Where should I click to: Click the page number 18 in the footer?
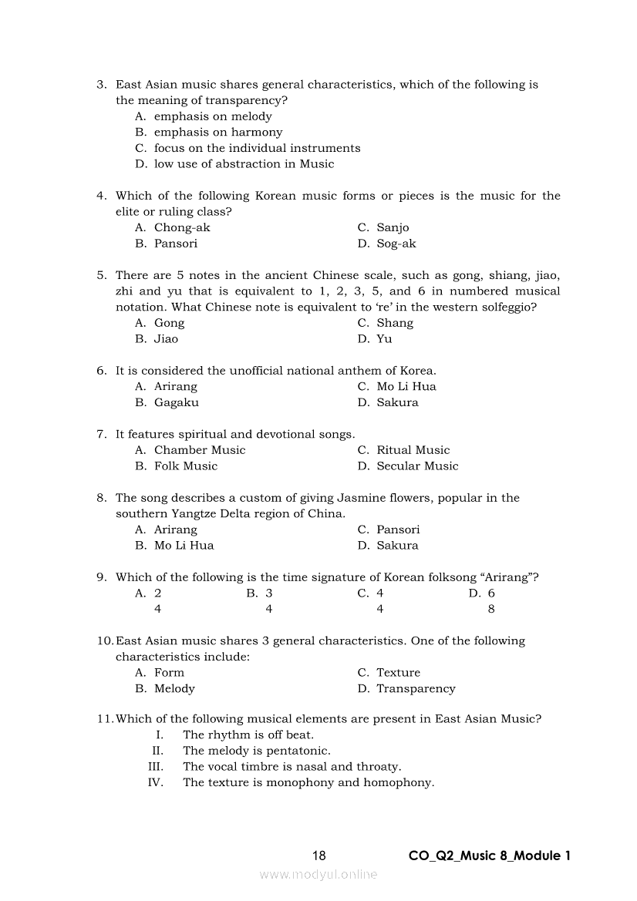pos(319,856)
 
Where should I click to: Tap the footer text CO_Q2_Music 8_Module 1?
pos(490,856)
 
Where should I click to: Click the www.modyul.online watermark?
pos(318,874)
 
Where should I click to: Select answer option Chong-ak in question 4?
pos(182,227)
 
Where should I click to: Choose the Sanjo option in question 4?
pos(393,227)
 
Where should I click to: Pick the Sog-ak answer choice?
pos(396,244)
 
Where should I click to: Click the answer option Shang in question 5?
pos(395,323)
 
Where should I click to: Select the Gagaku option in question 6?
pos(176,402)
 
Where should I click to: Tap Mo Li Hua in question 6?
pos(406,386)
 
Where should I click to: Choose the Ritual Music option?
pos(413,450)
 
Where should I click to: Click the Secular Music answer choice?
pos(417,466)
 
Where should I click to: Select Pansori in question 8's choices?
pos(398,530)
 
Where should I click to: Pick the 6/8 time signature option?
pos(491,601)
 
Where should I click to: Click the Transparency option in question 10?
pos(416,688)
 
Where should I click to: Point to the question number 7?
pos(101,434)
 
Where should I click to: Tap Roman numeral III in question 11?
pos(156,767)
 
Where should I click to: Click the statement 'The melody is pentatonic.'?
pos(256,751)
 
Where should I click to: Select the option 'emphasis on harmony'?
pos(218,132)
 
